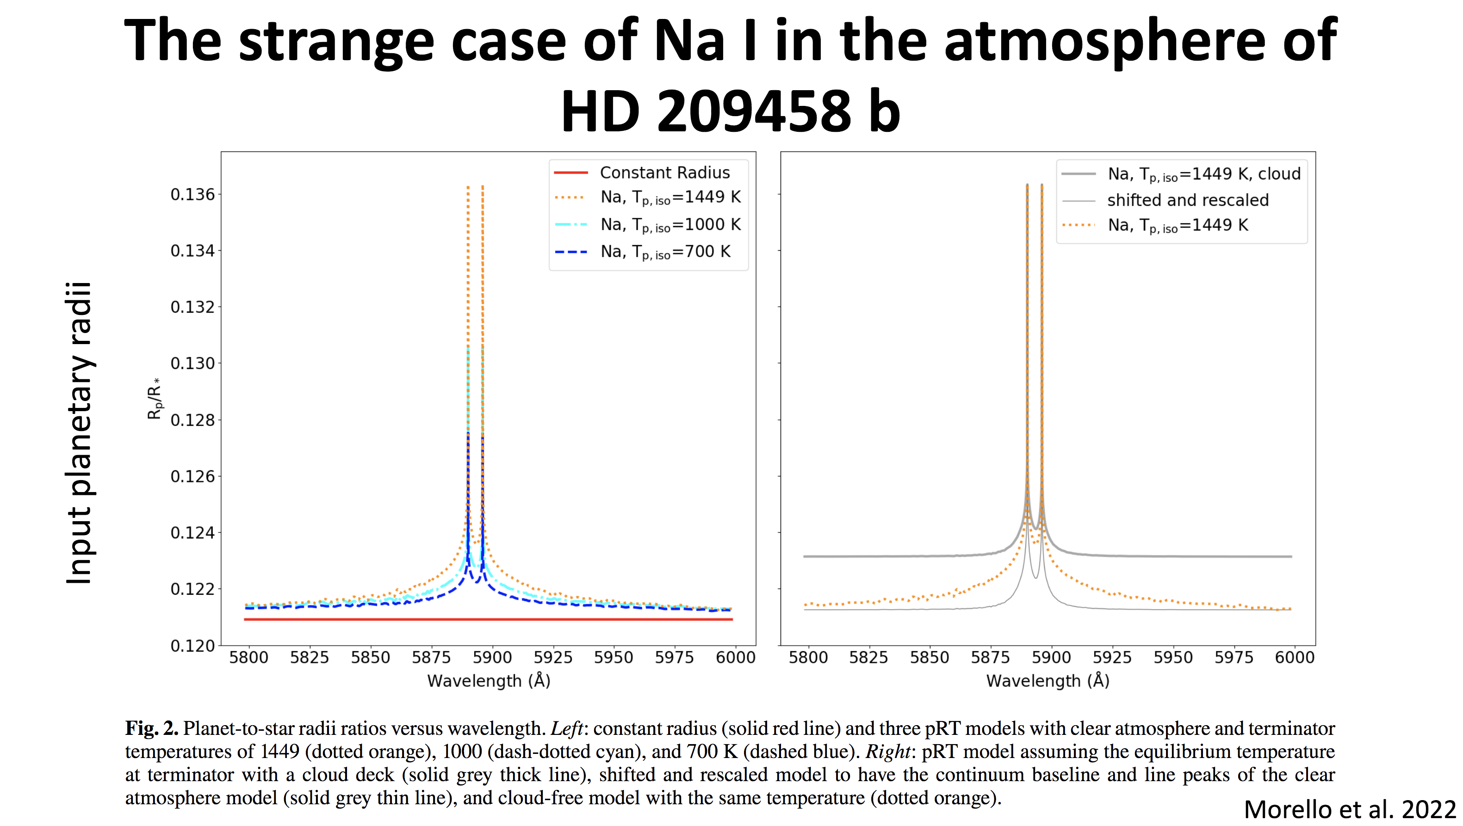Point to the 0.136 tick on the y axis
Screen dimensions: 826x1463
(192, 195)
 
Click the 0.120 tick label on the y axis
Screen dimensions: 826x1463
(192, 646)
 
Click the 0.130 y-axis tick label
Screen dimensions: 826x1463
(192, 364)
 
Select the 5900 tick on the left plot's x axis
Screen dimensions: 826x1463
(492, 657)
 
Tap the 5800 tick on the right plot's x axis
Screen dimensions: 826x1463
(807, 657)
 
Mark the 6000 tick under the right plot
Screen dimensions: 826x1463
(1294, 657)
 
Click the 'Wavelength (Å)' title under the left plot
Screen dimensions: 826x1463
(489, 681)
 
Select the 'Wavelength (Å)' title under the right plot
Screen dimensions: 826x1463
(1048, 681)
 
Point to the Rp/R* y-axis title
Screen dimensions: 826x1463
(155, 399)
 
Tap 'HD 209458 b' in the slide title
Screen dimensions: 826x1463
(731, 111)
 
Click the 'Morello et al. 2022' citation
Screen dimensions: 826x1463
(1350, 809)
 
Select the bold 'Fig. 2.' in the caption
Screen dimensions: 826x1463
(152, 728)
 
